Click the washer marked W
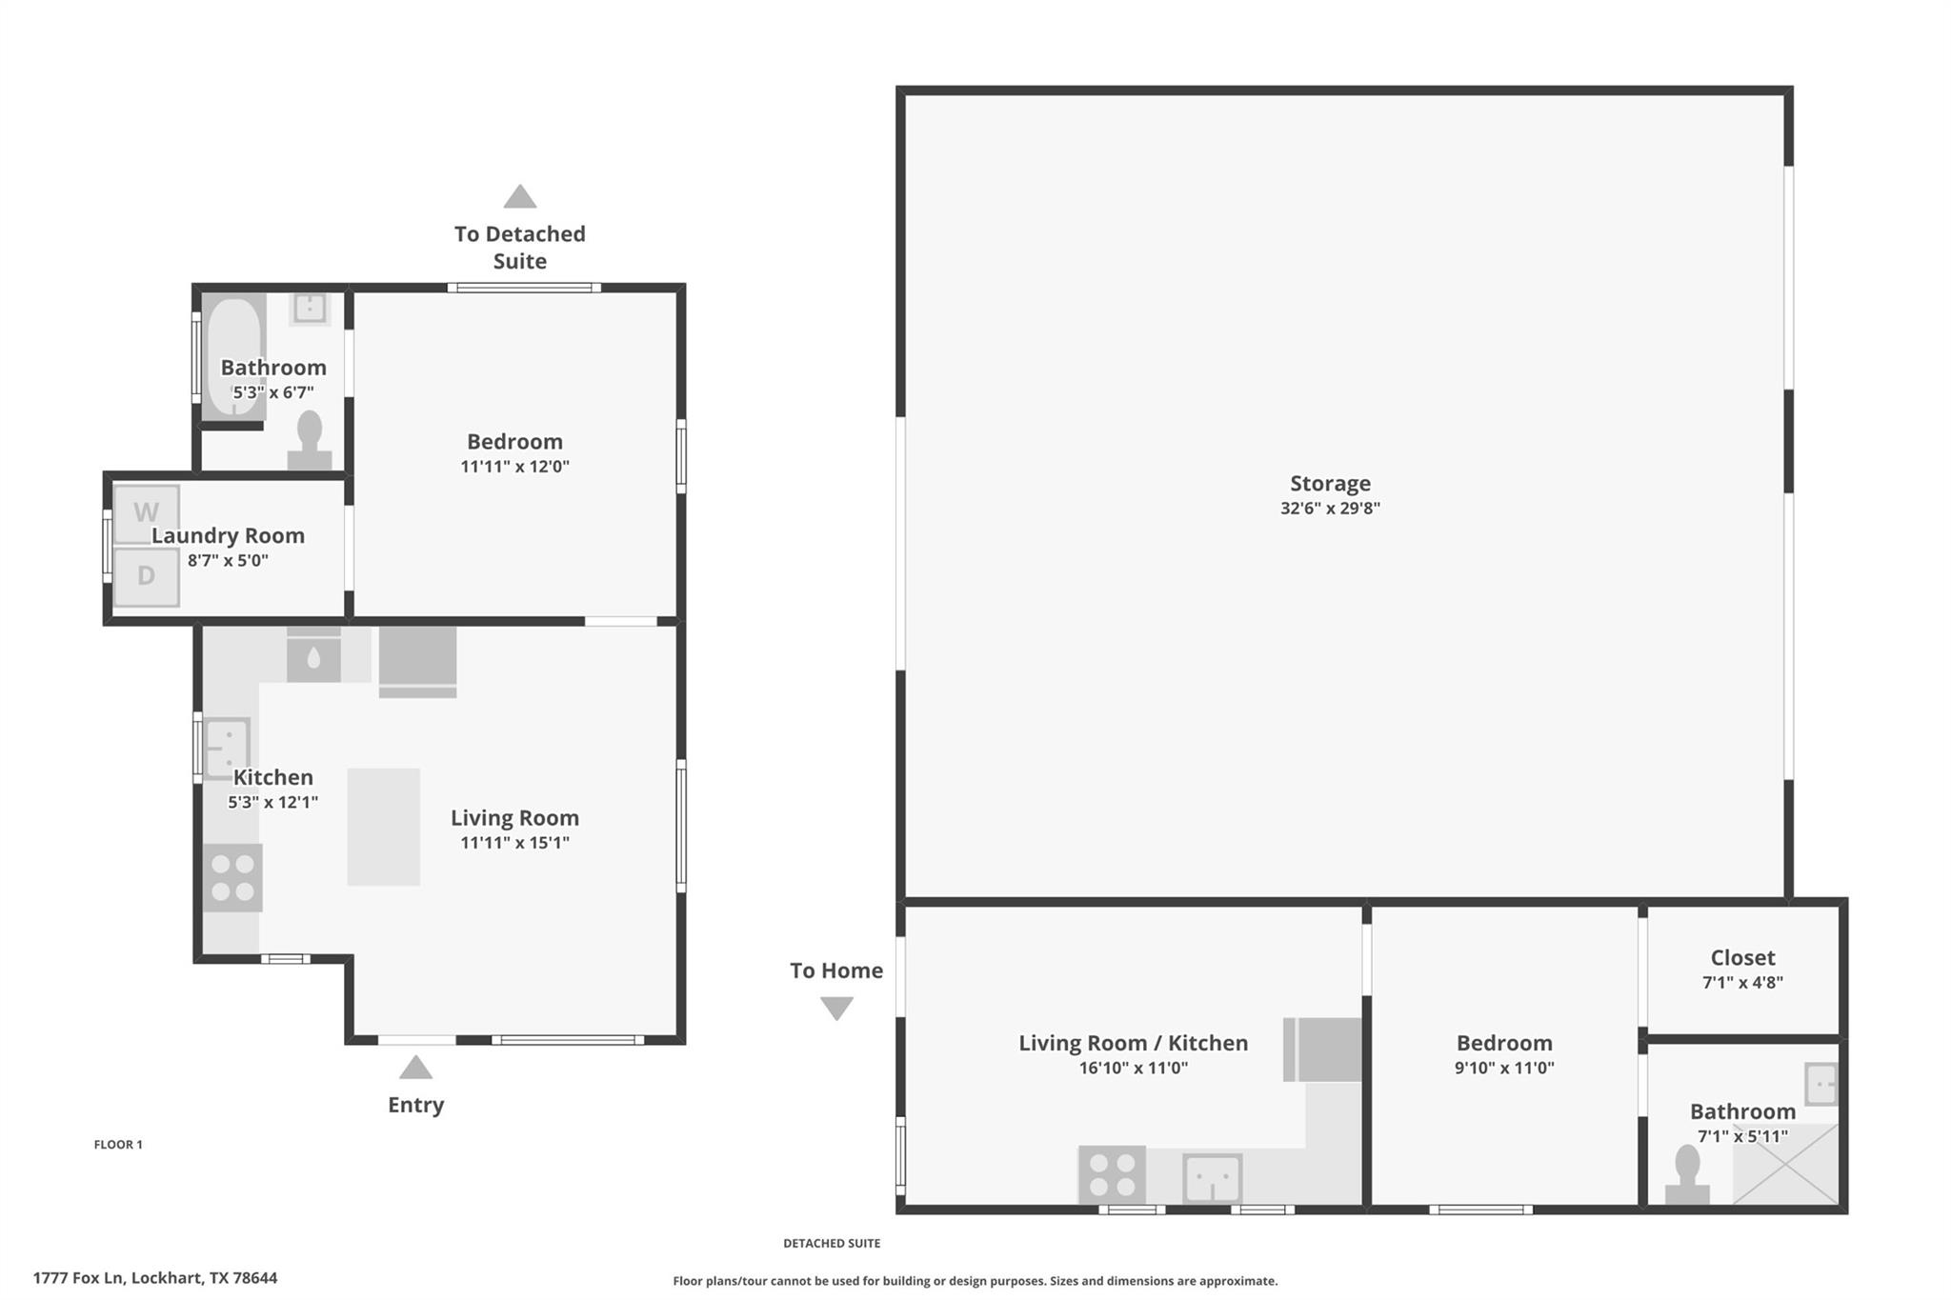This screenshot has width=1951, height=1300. click(146, 513)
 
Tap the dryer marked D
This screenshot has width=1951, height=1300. click(146, 576)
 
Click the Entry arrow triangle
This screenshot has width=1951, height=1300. click(415, 1069)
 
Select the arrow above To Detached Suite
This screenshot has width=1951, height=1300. click(519, 197)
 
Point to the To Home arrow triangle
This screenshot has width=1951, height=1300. click(836, 1008)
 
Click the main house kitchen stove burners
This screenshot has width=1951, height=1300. click(232, 877)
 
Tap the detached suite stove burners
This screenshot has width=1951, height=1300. click(1112, 1174)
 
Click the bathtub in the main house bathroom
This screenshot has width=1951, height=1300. click(233, 357)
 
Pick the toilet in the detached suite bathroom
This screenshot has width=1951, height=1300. click(1687, 1176)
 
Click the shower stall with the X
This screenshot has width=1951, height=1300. click(1784, 1164)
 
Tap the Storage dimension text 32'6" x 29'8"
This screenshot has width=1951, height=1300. click(1330, 509)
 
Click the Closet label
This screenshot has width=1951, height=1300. click(1742, 958)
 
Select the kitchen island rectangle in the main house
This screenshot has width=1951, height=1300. click(383, 827)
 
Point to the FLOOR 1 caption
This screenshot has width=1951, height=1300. click(118, 1145)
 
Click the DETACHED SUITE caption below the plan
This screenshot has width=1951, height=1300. click(832, 1243)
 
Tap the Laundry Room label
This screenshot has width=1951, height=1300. click(228, 536)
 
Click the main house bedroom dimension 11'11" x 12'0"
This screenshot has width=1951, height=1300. click(514, 467)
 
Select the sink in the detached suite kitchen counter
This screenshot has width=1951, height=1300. click(1212, 1178)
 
